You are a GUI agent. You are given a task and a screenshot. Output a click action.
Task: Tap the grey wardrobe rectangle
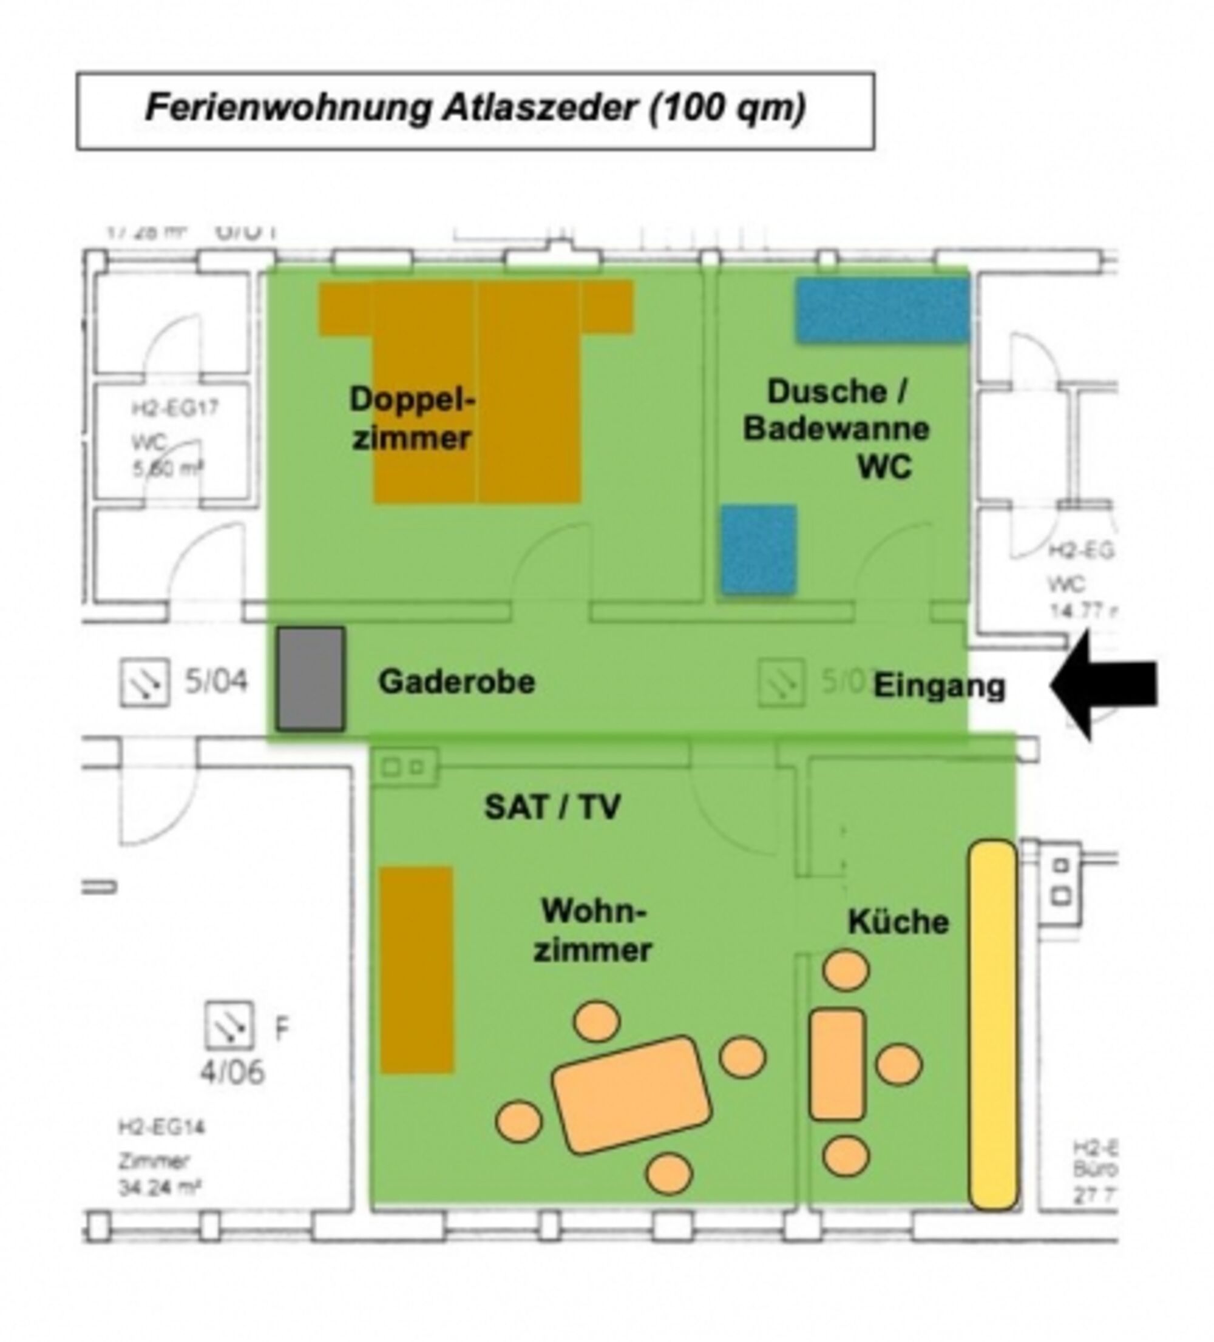(310, 678)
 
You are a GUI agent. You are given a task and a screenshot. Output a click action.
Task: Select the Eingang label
(938, 686)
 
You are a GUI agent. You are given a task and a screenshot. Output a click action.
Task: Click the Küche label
(898, 922)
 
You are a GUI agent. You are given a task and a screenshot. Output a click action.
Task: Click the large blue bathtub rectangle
(882, 310)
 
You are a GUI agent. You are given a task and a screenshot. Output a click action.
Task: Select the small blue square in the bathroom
(759, 549)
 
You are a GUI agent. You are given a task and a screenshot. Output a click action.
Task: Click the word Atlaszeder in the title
(540, 108)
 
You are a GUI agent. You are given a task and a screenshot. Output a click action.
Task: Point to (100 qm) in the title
(727, 108)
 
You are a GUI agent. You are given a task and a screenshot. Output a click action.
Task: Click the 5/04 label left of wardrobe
(215, 681)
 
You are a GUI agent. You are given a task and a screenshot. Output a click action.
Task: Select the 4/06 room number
(232, 1071)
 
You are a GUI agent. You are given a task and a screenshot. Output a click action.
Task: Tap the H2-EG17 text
(174, 408)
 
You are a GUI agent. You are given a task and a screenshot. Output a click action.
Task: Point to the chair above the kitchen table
(846, 970)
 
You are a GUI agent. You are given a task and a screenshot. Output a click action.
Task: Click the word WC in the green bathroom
(884, 467)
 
